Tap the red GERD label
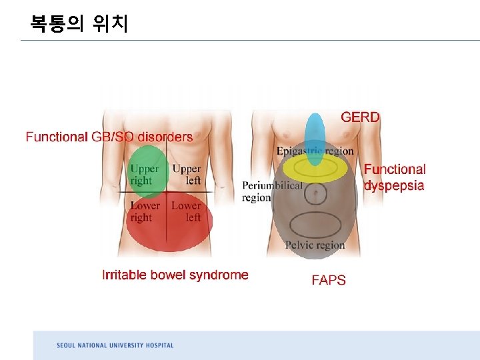360,117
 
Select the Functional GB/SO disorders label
109,137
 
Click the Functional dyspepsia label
394,177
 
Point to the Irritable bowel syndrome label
175,275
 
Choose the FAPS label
329,280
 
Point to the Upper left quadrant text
186,175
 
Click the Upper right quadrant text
144,175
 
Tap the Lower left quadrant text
186,211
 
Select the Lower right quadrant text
144,211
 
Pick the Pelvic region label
315,245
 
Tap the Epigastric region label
315,151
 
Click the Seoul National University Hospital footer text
115,345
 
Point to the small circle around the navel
315,194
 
